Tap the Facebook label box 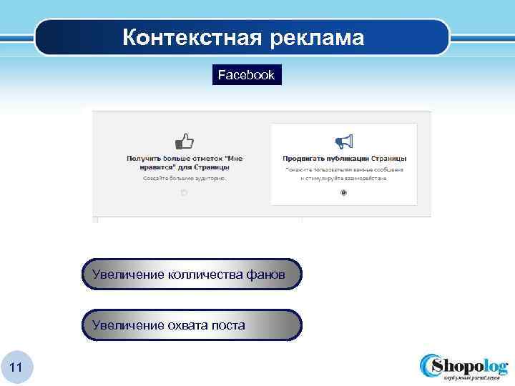pos(246,74)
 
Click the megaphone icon pos(344,140)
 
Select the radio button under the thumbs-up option pos(184,193)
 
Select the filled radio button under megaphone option pos(344,193)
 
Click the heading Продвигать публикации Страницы pos(344,158)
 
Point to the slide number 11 pos(17,367)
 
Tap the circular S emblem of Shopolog pos(432,366)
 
